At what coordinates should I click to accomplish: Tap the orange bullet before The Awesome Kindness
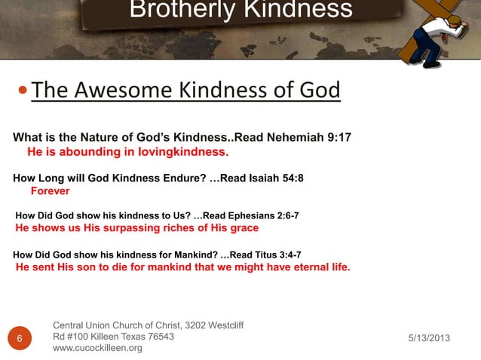click(24, 91)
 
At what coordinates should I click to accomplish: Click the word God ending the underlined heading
click(320, 90)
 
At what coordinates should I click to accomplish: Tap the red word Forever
click(50, 191)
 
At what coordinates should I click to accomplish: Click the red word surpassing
click(127, 227)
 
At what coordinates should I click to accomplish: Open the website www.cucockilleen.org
click(97, 349)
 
